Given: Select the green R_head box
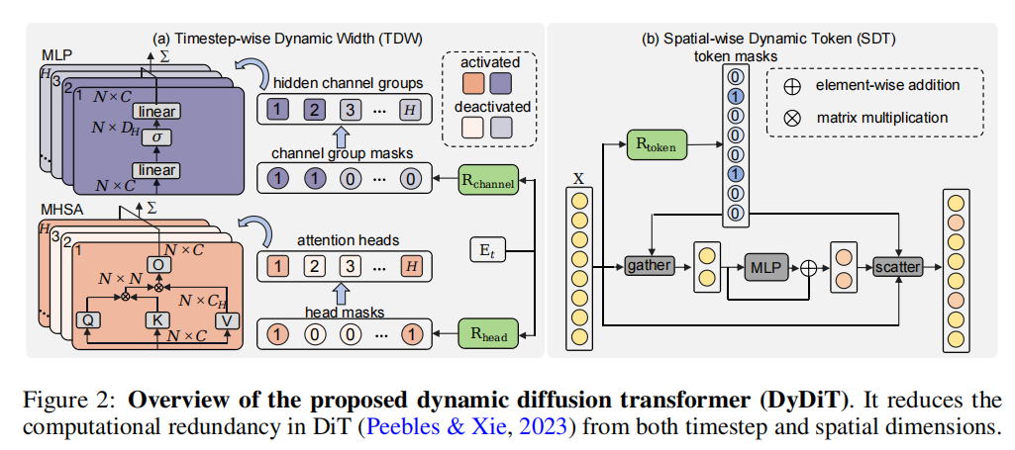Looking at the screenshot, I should coord(489,331).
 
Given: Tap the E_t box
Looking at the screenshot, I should coord(488,251).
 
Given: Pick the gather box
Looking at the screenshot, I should coord(649,265).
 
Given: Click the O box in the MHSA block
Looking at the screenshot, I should coord(156,264).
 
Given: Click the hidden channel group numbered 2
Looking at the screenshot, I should coord(314,108).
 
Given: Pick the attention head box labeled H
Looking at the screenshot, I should coord(408,264).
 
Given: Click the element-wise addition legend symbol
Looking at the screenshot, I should coord(789,85).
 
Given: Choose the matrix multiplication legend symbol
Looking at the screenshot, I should coord(789,118).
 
